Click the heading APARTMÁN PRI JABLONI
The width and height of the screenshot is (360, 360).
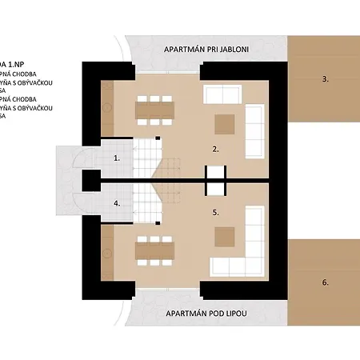206,50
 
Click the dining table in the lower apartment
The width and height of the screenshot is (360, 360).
154,250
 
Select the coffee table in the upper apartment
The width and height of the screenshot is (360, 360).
224,123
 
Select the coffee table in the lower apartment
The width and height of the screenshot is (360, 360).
224,236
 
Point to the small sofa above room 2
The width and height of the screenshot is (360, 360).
218,94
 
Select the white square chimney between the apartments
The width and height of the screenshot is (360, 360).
216,180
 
